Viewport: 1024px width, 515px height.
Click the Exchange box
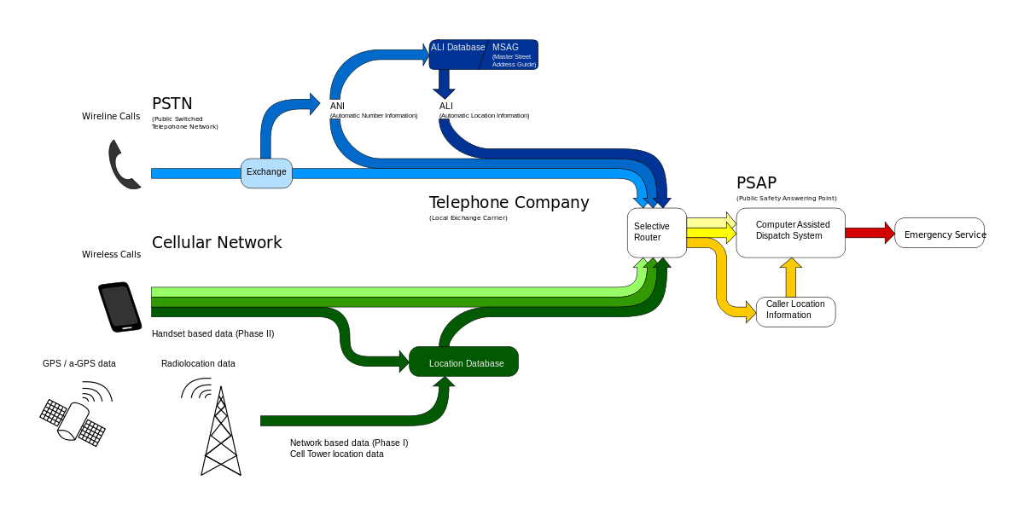click(266, 173)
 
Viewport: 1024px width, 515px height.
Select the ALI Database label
click(457, 48)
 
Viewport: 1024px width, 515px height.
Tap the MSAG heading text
click(505, 48)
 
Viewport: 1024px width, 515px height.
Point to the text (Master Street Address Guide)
click(514, 61)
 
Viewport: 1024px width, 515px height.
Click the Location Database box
click(464, 362)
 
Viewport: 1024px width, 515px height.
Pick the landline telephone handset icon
click(123, 165)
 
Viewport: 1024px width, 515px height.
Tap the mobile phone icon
click(119, 306)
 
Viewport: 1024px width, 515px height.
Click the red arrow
click(869, 233)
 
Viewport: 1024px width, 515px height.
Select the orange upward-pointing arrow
click(791, 277)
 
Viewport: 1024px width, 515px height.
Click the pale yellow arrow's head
click(730, 220)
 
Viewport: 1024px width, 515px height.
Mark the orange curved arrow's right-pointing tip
click(750, 312)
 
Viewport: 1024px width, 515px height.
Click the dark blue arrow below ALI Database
click(444, 84)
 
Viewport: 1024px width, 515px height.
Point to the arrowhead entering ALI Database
click(425, 55)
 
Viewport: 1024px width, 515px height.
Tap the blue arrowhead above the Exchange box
click(315, 104)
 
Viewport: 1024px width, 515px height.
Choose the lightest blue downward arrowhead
click(641, 202)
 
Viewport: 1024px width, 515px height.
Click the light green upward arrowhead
click(641, 263)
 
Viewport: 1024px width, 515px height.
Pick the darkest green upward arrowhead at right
click(662, 263)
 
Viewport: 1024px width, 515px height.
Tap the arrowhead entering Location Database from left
click(404, 362)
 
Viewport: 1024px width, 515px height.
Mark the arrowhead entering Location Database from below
click(444, 382)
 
